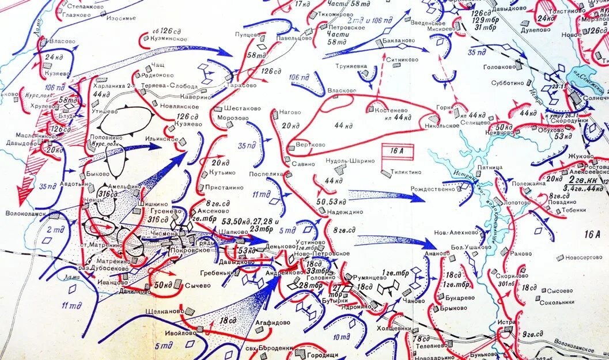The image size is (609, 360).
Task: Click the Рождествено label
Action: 433,189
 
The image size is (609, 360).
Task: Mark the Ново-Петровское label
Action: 321,254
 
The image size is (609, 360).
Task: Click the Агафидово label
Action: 271,323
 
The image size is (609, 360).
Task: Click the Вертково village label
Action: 310,145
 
